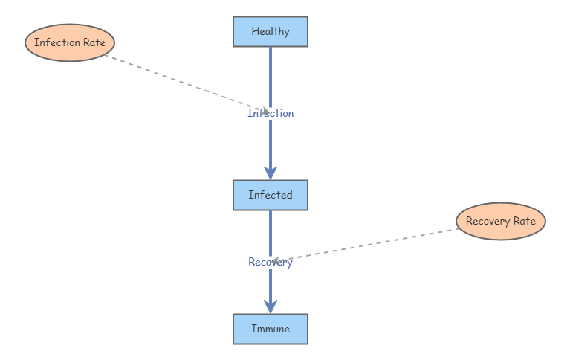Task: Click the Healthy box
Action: (x=271, y=31)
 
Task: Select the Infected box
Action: (x=271, y=195)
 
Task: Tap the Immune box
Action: (x=271, y=329)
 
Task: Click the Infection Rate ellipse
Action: (x=70, y=42)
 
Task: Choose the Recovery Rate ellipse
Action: (x=500, y=221)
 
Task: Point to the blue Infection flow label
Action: (x=271, y=113)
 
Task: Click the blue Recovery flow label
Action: (x=271, y=262)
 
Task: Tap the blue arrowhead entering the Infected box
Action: (x=271, y=171)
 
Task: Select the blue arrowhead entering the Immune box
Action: (x=271, y=306)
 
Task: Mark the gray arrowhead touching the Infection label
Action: (x=265, y=112)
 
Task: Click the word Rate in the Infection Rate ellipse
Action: (x=94, y=42)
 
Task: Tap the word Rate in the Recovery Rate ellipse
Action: (x=524, y=221)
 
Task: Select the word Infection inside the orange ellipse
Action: (x=57, y=42)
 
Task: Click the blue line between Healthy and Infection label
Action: (x=271, y=74)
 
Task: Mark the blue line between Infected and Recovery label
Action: (x=271, y=232)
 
